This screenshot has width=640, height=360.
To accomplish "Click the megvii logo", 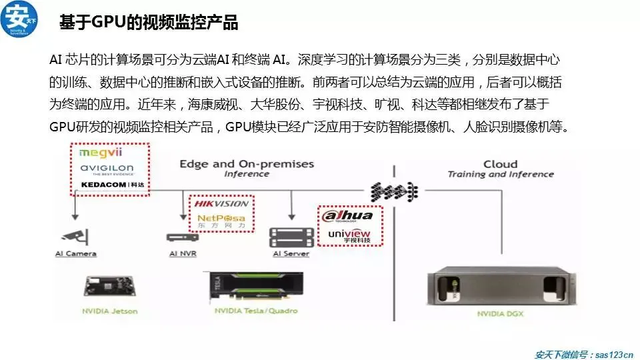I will (x=98, y=152).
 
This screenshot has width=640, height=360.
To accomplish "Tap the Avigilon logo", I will (x=107, y=167).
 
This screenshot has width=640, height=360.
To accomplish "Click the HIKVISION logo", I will (x=221, y=203).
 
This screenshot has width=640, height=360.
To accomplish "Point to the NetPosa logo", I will (x=221, y=219).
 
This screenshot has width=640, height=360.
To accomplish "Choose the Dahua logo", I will (x=347, y=216).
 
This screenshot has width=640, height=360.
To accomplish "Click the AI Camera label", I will (x=75, y=253).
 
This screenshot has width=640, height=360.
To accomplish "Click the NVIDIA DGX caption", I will (x=496, y=312).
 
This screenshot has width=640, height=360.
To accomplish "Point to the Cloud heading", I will (x=500, y=164).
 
